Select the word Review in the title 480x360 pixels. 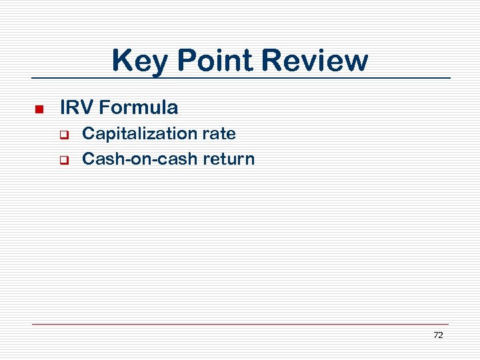315,61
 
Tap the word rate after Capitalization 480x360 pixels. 219,134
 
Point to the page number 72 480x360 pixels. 438,335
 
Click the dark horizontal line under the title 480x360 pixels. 240,78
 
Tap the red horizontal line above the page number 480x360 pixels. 240,324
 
